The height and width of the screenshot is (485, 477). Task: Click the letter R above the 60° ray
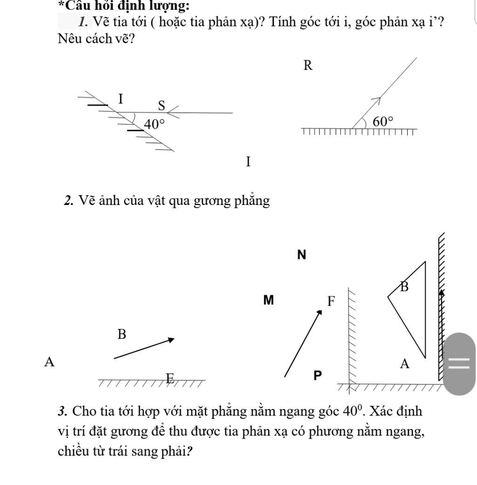click(307, 66)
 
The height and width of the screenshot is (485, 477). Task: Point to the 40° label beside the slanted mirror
click(154, 124)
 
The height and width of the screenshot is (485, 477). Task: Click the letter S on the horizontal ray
click(162, 106)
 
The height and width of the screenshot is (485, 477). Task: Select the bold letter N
click(302, 255)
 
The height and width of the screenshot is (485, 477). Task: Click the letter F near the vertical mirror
click(331, 301)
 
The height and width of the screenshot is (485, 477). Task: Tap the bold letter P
click(317, 376)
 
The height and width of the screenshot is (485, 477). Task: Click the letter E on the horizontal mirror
click(170, 378)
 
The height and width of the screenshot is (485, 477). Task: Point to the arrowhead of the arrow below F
click(320, 312)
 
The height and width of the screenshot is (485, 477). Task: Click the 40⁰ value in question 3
click(352, 411)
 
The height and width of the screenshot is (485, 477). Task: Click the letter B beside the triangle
click(404, 287)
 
